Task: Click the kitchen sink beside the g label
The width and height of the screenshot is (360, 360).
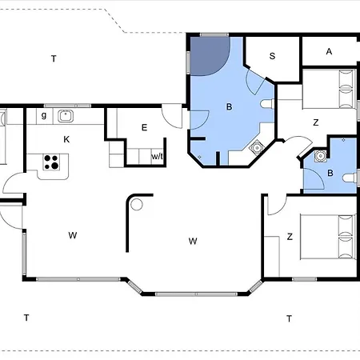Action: (x=66, y=116)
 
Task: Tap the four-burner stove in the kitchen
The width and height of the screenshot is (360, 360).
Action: (x=51, y=162)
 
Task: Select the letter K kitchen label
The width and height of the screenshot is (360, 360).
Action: (x=66, y=139)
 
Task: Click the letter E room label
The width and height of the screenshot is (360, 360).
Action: (x=144, y=127)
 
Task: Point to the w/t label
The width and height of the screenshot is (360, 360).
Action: (x=157, y=156)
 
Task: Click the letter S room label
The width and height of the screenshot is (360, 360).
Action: (x=272, y=56)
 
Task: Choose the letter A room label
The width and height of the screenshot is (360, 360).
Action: (x=329, y=51)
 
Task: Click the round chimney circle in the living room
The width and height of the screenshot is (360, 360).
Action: (x=137, y=205)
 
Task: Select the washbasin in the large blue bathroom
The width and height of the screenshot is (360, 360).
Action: (x=257, y=148)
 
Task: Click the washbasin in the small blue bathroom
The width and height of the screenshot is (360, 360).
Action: (x=320, y=156)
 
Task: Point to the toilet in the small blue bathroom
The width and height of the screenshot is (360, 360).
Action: (x=350, y=178)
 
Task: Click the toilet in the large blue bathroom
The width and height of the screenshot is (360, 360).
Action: (x=267, y=103)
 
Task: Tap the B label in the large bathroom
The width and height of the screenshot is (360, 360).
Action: (x=229, y=107)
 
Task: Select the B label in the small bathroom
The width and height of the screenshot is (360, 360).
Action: (x=330, y=173)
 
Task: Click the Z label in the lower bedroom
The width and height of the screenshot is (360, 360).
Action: (x=290, y=237)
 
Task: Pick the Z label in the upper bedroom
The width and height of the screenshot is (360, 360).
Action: (x=316, y=122)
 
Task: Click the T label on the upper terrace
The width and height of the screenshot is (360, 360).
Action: (x=54, y=58)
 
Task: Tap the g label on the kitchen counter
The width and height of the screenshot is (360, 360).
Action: (x=44, y=115)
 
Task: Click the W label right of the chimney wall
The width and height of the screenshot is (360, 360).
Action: (x=193, y=241)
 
